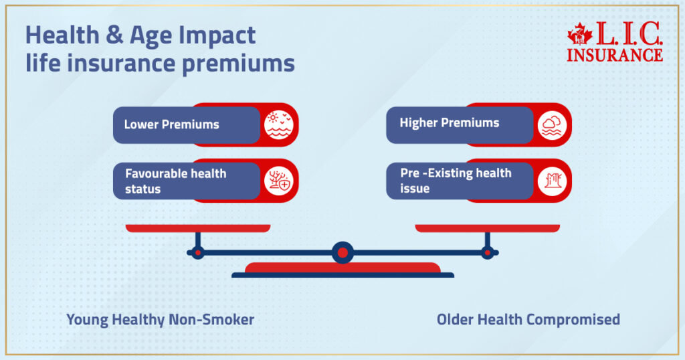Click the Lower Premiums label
pos(171,124)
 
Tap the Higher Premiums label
pos(449,123)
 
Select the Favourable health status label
pos(175,181)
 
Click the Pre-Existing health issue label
pos(455,181)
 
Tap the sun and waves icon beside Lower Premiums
pos(278,124)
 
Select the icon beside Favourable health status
pos(278,181)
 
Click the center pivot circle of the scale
pos(342,252)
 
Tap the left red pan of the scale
pos(198,228)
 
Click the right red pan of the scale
pos(487,228)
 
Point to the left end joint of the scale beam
pos(197,252)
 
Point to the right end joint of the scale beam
pos(488,252)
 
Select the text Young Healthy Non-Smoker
pos(160,320)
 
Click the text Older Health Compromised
pos(528,320)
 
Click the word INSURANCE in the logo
pos(615,55)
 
